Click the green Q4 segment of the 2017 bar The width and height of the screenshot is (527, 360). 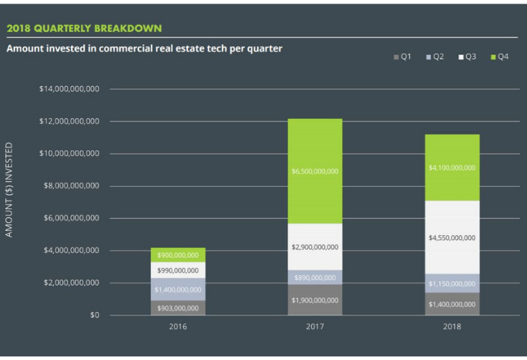pos(314,171)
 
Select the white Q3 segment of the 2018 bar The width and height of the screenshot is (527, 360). pos(452,237)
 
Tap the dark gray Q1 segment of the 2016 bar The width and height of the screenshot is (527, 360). pos(177,308)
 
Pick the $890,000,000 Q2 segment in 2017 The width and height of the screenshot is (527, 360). pos(314,277)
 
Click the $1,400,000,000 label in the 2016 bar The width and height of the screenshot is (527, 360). pos(178,289)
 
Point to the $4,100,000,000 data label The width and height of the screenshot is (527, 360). pos(452,167)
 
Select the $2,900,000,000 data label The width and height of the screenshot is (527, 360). pos(314,247)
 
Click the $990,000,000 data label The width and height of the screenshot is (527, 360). pos(178,270)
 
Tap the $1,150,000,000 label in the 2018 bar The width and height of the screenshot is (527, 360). pos(452,284)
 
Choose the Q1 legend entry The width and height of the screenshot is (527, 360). pos(402,56)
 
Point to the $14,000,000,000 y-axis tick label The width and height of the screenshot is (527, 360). pos(69,89)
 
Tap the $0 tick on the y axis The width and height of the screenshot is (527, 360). pos(94,315)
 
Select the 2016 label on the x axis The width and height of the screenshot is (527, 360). pos(177,327)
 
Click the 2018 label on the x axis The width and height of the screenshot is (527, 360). pos(452,327)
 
